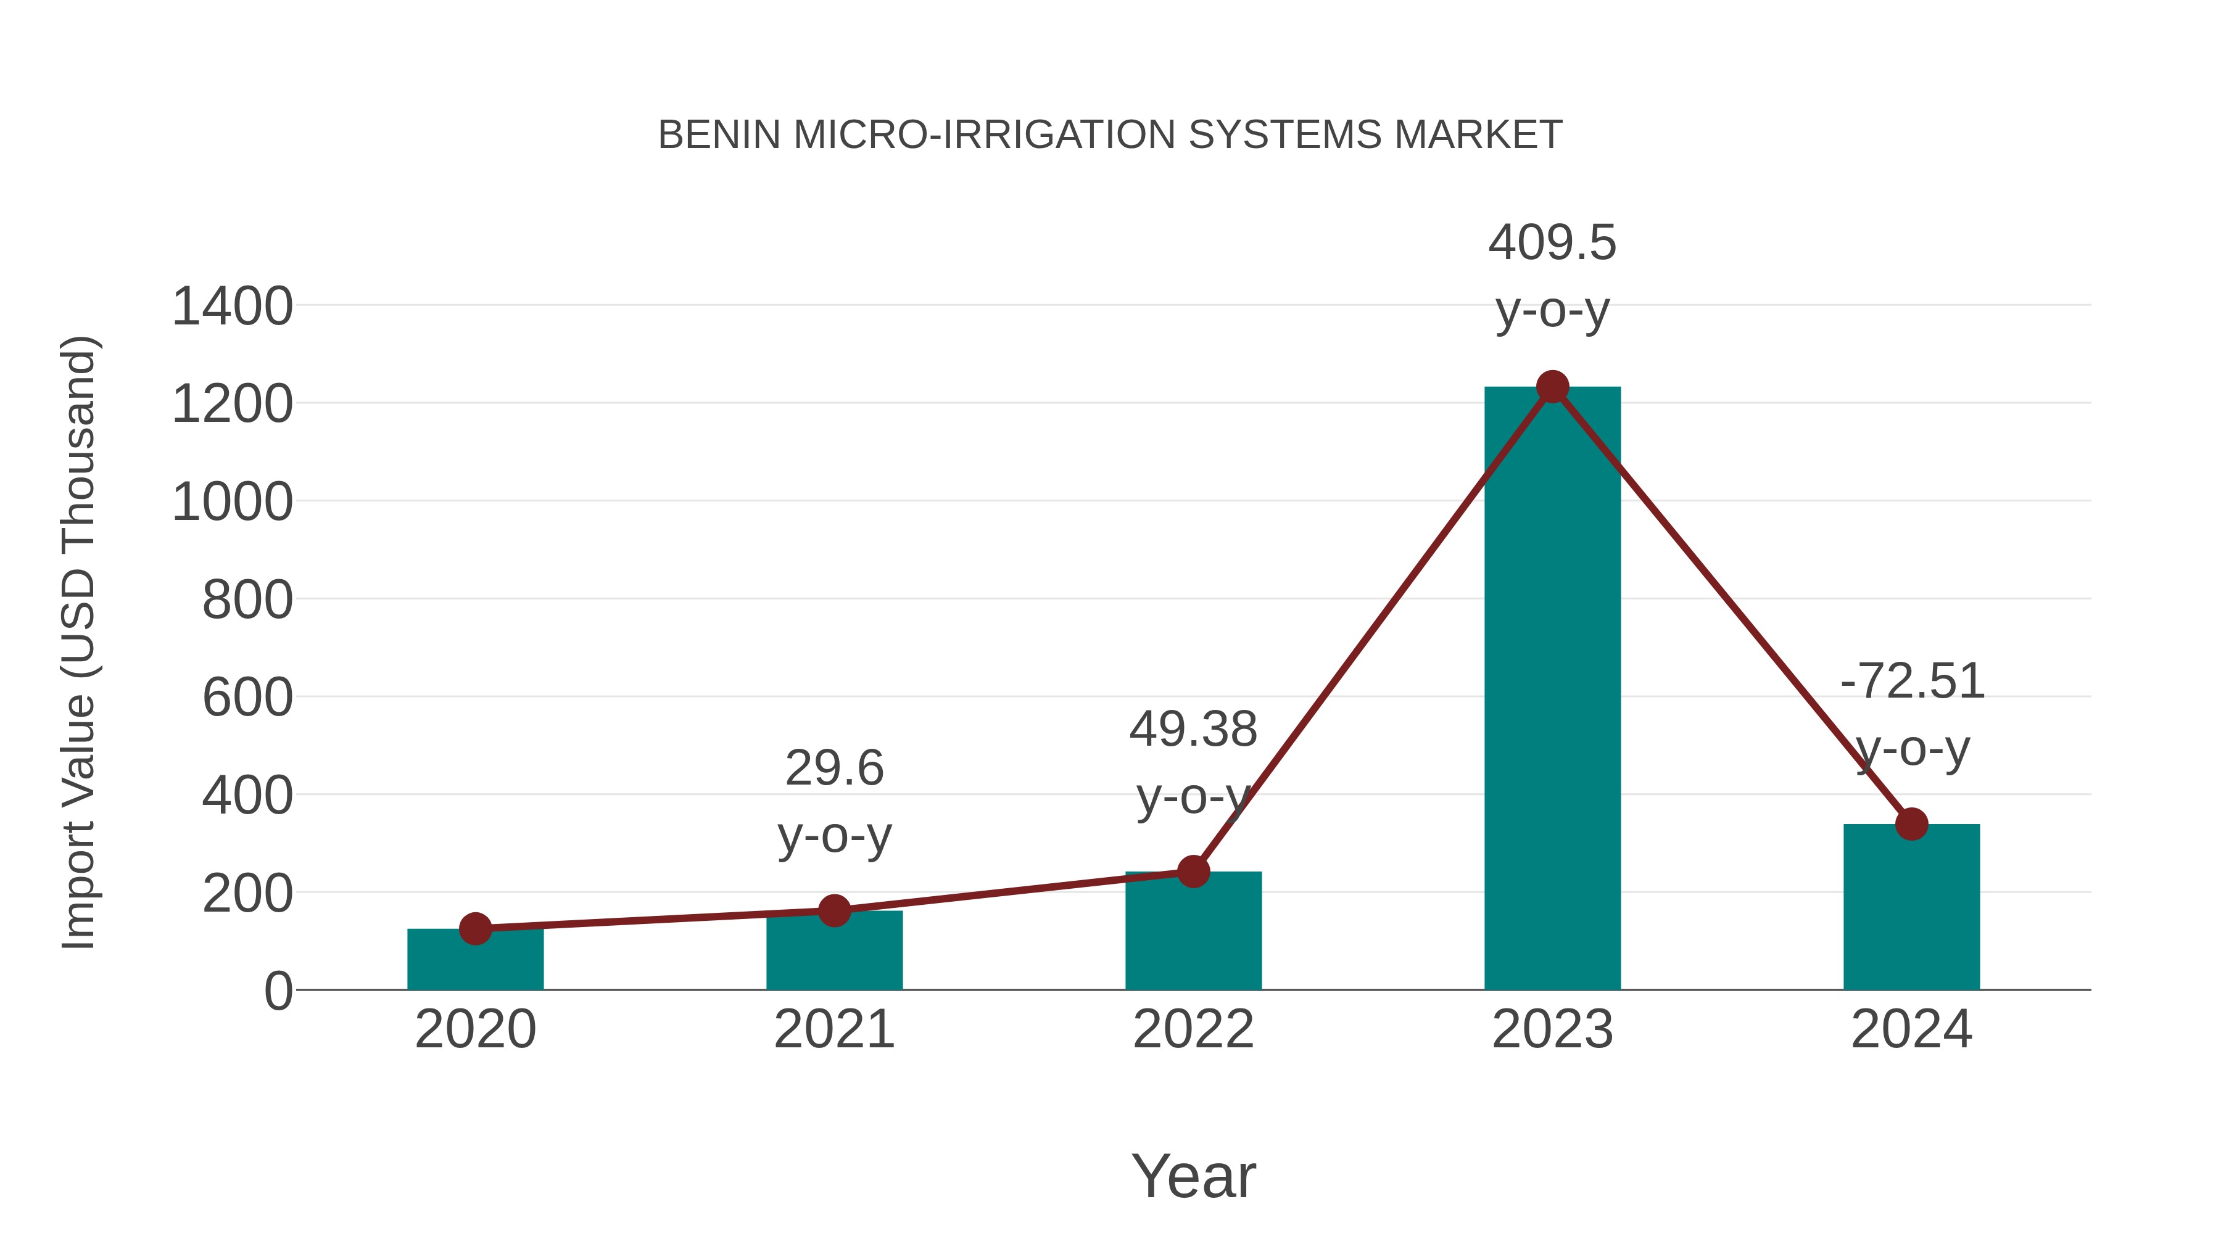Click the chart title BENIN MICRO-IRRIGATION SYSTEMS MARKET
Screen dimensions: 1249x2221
point(1110,135)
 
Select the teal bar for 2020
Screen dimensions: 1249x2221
point(475,960)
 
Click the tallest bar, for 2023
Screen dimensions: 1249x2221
point(1552,690)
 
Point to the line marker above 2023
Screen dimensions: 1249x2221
point(1552,387)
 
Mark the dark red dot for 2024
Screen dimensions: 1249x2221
point(1911,824)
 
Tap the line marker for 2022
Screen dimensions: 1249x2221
point(1193,872)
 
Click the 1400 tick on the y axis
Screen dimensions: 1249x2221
point(232,307)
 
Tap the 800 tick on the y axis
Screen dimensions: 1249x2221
point(247,601)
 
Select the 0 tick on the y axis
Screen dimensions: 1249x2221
point(278,991)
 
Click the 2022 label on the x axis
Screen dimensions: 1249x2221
point(1193,1030)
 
